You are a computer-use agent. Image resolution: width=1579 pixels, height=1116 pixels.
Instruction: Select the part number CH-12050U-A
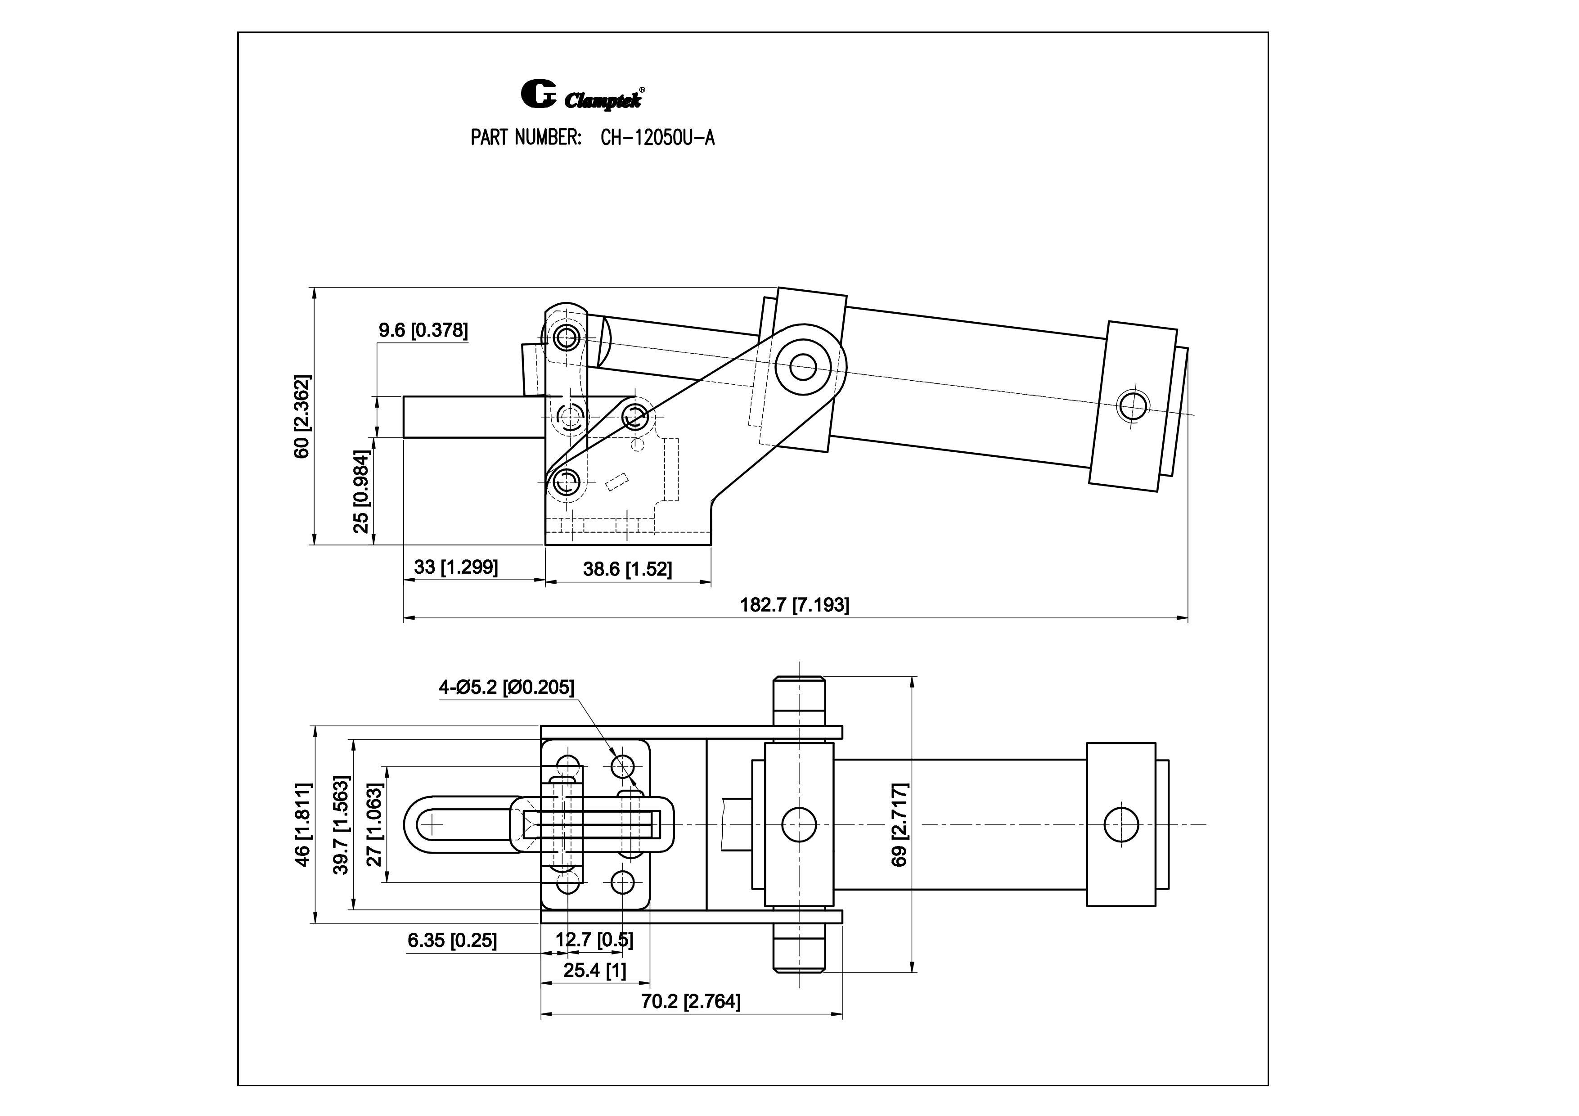tap(657, 138)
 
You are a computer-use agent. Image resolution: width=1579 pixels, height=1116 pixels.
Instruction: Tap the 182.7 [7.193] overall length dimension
tap(794, 605)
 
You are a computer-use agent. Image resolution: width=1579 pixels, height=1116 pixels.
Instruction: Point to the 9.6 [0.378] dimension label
tap(423, 331)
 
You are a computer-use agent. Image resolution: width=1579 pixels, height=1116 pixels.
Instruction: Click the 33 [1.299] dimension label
tap(455, 567)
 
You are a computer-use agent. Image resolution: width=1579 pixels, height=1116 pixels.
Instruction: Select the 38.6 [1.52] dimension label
tap(627, 569)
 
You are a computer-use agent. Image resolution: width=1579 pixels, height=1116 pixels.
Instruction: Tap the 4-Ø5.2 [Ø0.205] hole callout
tap(506, 687)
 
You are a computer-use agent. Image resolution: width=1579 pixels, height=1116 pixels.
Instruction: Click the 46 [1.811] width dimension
tap(302, 824)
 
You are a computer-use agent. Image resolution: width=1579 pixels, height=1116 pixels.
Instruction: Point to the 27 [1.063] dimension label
tap(374, 824)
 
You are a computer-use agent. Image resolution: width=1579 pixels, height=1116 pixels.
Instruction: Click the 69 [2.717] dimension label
tap(900, 824)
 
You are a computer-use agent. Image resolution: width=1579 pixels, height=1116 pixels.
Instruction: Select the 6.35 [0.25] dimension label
tap(452, 940)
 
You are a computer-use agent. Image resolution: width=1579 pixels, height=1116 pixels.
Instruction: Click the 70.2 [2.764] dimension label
tap(690, 1002)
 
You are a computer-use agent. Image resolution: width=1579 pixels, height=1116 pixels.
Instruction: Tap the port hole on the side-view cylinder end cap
tap(1132, 406)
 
